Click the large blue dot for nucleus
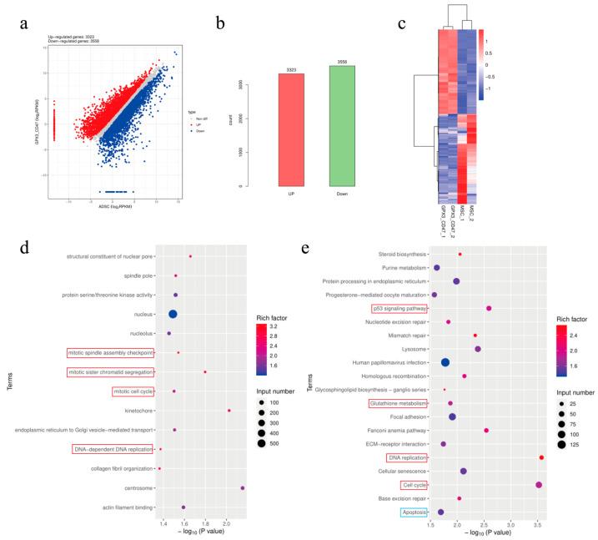(x=173, y=314)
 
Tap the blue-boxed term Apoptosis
(x=415, y=512)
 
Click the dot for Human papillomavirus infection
(x=445, y=362)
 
